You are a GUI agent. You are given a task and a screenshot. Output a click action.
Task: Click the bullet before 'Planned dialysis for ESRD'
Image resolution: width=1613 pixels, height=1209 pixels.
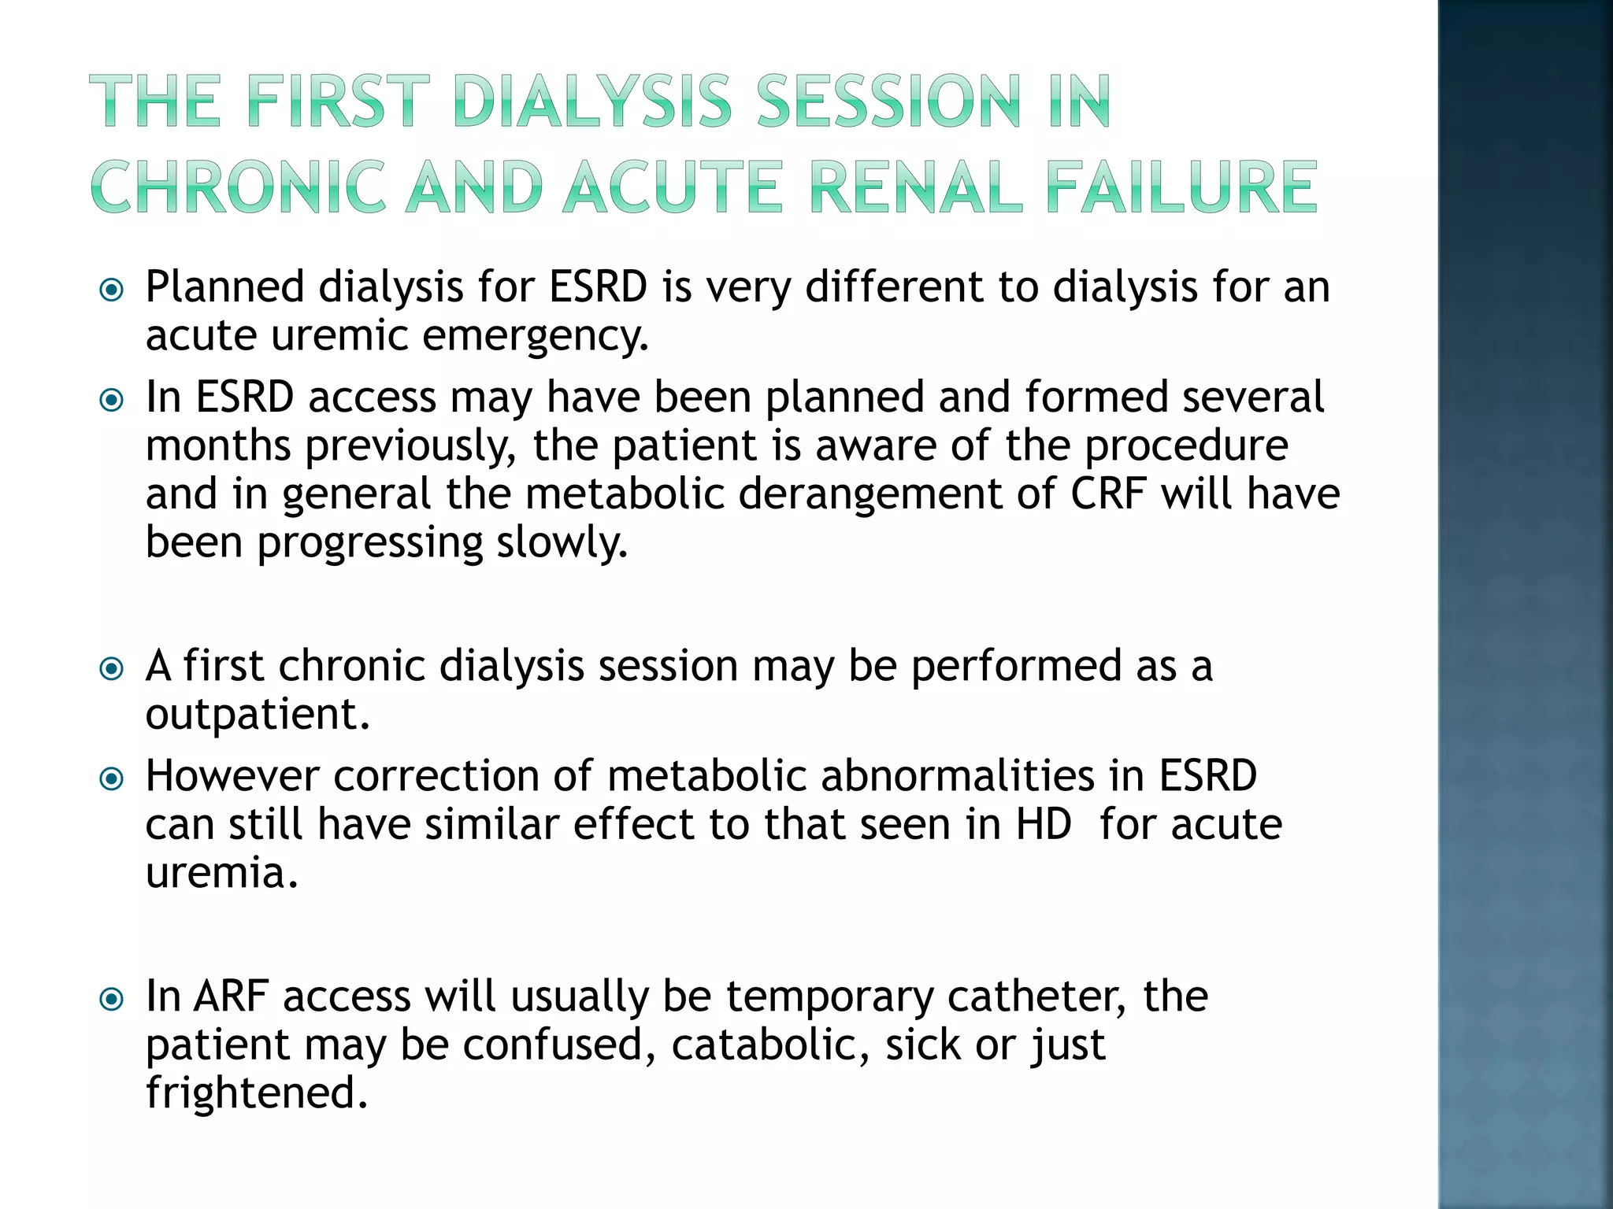coord(112,290)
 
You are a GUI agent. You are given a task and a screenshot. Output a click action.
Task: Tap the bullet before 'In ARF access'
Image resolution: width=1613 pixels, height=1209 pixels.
coord(112,1000)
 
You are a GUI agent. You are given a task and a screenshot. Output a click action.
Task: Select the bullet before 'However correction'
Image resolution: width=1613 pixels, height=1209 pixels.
coord(112,779)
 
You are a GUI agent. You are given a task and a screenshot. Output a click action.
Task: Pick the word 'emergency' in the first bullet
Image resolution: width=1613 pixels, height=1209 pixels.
coord(535,337)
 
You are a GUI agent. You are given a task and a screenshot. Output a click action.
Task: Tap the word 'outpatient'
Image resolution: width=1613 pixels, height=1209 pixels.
coord(257,715)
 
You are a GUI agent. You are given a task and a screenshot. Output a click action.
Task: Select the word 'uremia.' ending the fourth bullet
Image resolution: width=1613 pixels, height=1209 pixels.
coord(222,874)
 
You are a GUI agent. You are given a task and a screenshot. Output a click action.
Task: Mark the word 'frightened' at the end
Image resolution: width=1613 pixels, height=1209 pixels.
coord(256,1094)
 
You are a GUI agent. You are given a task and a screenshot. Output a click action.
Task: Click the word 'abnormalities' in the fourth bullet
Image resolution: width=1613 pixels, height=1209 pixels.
coord(958,776)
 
